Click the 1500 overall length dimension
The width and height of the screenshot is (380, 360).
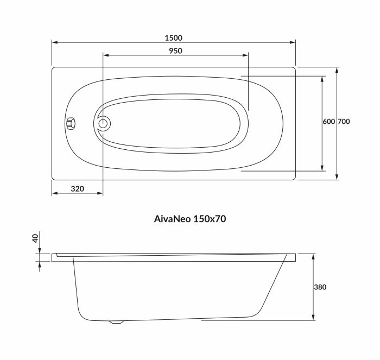[x=174, y=38]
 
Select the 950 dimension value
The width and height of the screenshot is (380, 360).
[x=175, y=50]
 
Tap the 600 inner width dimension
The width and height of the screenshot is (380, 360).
[x=328, y=122]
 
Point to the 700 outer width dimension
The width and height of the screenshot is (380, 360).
[x=344, y=122]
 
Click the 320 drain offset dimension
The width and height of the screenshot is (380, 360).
[x=77, y=189]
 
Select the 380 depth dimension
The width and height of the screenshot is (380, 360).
[x=320, y=287]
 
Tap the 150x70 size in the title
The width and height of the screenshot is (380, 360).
[x=210, y=219]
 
